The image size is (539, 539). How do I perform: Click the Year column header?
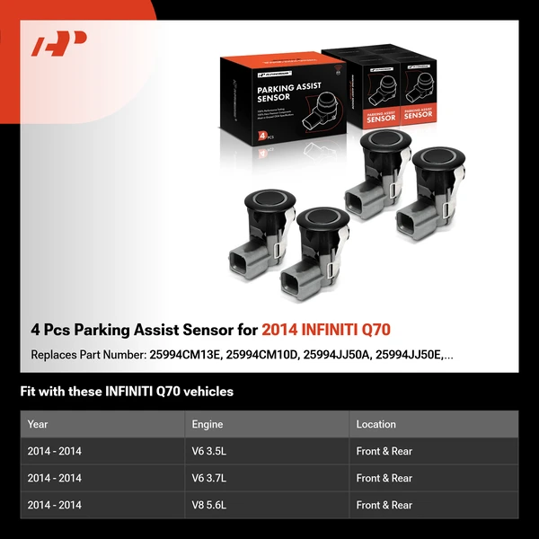coord(38,424)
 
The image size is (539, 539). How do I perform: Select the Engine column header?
coord(208,424)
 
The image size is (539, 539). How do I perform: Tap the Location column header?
coord(376,424)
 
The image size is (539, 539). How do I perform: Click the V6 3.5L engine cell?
coord(212,451)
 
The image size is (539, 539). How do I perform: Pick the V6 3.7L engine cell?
coord(212,478)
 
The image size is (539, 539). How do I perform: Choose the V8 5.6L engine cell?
coord(212,505)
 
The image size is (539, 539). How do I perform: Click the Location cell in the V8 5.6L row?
coord(384,505)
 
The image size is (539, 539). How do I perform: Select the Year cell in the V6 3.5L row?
coord(54,451)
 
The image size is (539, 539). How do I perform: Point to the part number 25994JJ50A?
coord(337,355)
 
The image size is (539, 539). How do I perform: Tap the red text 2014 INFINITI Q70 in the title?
coord(326,330)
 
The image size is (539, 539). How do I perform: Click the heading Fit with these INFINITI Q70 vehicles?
coord(127,392)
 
